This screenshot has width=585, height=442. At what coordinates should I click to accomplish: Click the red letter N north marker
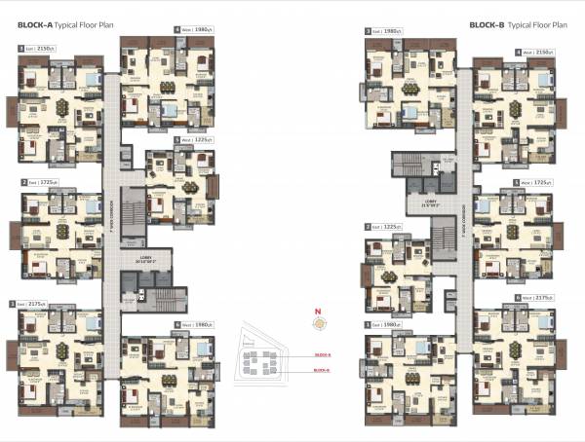tap(317, 312)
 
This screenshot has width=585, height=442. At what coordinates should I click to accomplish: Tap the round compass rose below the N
tap(317, 324)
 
